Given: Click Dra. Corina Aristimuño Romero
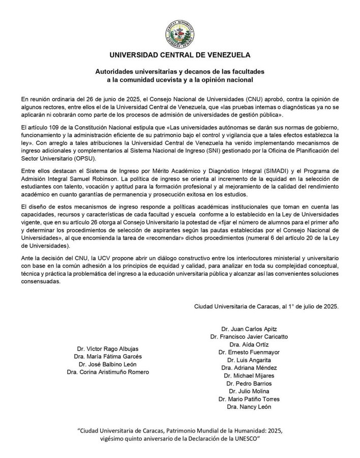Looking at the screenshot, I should [x=108, y=373].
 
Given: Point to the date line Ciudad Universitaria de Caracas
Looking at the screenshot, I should [x=266, y=307].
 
